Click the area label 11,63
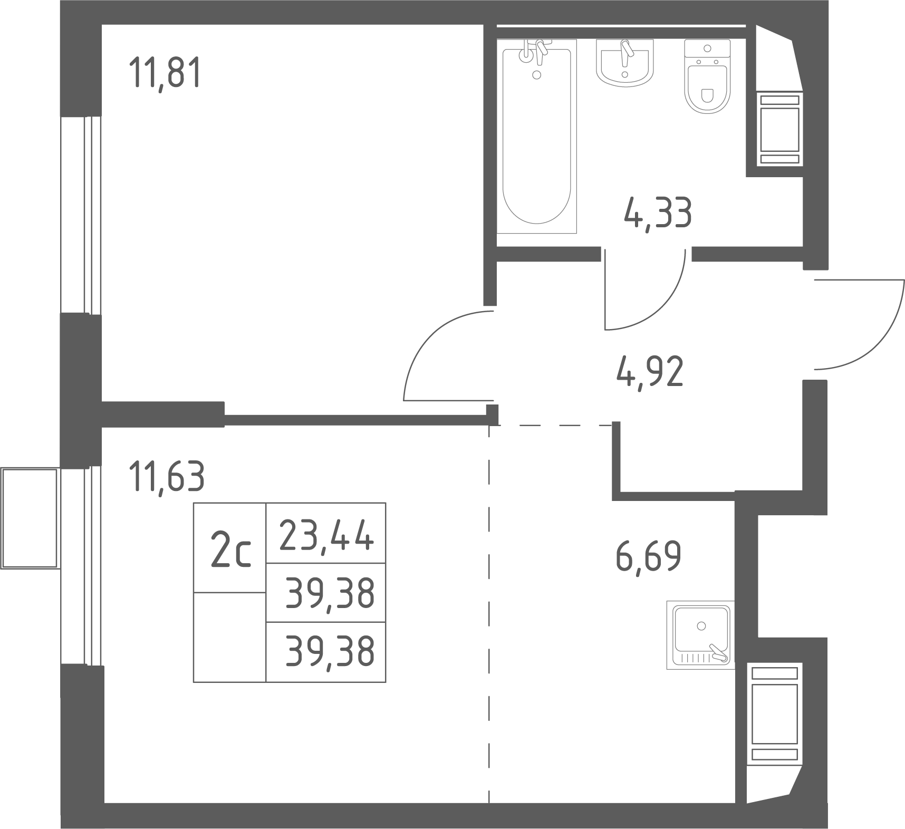click(x=167, y=476)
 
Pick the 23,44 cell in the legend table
click(x=326, y=533)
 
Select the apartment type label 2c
click(x=230, y=548)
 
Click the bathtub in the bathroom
click(x=537, y=136)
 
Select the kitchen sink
click(x=700, y=635)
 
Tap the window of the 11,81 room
click(x=81, y=215)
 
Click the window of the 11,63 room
click(x=81, y=566)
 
